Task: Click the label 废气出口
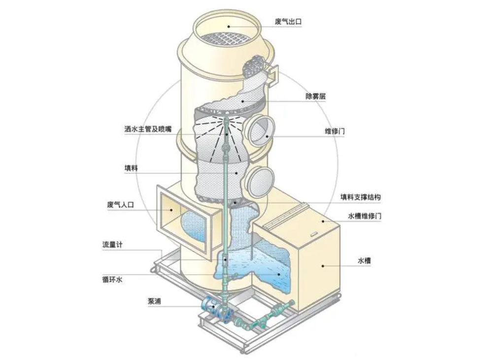pos(288,22)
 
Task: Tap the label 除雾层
pos(315,96)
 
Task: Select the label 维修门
pos(335,131)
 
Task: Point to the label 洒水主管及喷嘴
pos(148,129)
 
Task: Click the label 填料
pos(131,168)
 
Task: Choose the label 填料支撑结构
pos(361,197)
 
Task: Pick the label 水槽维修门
pos(365,216)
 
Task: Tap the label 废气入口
pos(120,205)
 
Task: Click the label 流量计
pos(112,245)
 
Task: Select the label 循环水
pos(112,280)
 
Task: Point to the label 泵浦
pos(154,301)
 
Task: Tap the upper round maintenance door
pos(259,130)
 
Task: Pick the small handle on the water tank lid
pos(314,234)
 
